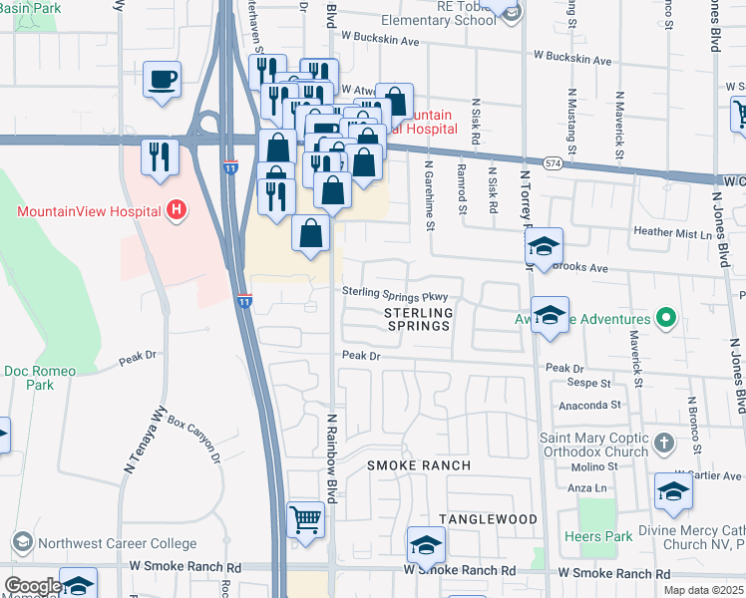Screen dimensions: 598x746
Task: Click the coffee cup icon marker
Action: [162, 80]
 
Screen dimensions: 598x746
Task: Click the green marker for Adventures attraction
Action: [666, 320]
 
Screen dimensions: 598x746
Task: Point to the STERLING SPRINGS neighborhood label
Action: [419, 319]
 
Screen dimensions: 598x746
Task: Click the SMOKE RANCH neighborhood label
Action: [418, 465]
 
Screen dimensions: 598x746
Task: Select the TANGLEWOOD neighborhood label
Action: [489, 519]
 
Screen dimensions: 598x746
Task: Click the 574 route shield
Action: [553, 161]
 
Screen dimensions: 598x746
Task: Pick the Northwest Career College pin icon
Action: [21, 543]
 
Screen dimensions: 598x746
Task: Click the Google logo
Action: [32, 585]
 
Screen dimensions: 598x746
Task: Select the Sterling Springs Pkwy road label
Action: [401, 295]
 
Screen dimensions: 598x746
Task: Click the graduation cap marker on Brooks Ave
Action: [544, 247]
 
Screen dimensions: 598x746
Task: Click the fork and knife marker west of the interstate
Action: [160, 157]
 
